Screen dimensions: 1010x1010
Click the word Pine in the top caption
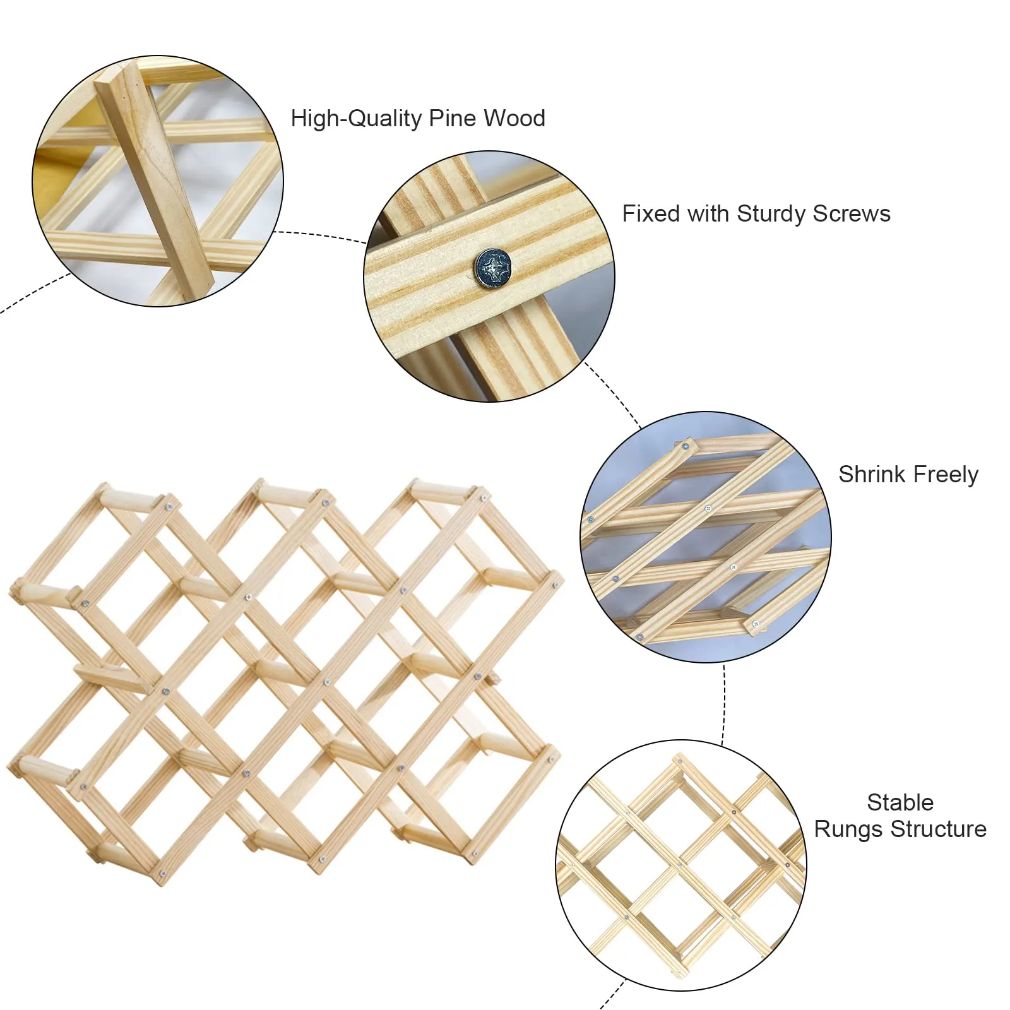(x=453, y=118)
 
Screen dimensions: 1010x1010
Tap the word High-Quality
(x=356, y=119)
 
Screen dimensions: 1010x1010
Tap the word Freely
(x=946, y=475)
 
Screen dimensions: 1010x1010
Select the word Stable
(x=900, y=802)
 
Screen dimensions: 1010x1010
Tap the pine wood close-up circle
(x=158, y=181)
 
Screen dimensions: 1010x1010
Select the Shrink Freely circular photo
(x=706, y=537)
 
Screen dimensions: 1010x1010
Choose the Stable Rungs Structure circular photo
(x=681, y=865)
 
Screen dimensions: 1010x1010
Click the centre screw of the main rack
(x=327, y=682)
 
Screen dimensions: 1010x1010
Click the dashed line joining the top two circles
(x=320, y=235)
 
